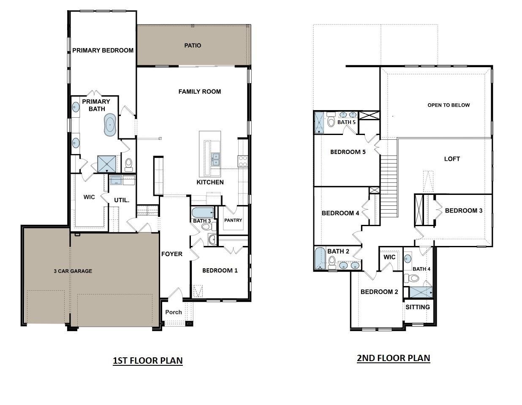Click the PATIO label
pos(193,46)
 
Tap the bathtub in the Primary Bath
pos(110,125)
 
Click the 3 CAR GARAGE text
pos(73,271)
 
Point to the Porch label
pos(174,312)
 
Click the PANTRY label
pos(233,220)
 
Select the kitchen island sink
pos(215,159)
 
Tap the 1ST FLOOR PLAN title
pos(147,361)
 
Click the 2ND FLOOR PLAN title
pos(393,358)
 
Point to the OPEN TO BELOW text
pos(449,105)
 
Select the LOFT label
pos(452,159)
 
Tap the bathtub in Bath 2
pos(319,259)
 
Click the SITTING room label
pos(418,307)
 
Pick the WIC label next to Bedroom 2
pos(389,257)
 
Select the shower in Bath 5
pos(319,123)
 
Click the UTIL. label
pos(122,200)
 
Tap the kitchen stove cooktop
pos(243,160)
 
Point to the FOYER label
pos(172,254)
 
